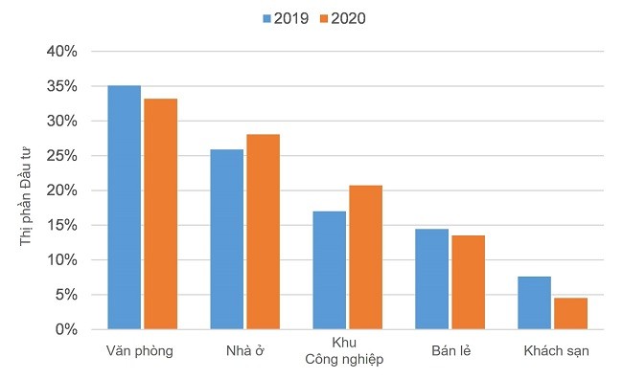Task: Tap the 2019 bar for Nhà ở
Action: [x=226, y=239]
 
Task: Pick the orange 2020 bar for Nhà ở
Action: [x=263, y=232]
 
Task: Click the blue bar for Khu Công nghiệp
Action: [x=329, y=270]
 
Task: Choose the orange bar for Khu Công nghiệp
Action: [x=365, y=257]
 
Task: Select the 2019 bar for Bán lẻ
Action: [x=431, y=279]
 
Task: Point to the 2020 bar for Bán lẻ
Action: [x=468, y=282]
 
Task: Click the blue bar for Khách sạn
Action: [x=534, y=302]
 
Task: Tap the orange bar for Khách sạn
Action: [x=570, y=313]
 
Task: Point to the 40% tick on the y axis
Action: [x=61, y=52]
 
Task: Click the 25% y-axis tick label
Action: [x=61, y=156]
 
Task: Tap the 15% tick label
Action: [x=61, y=225]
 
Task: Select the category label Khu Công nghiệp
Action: [x=344, y=351]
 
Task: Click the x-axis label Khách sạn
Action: [x=556, y=350]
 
